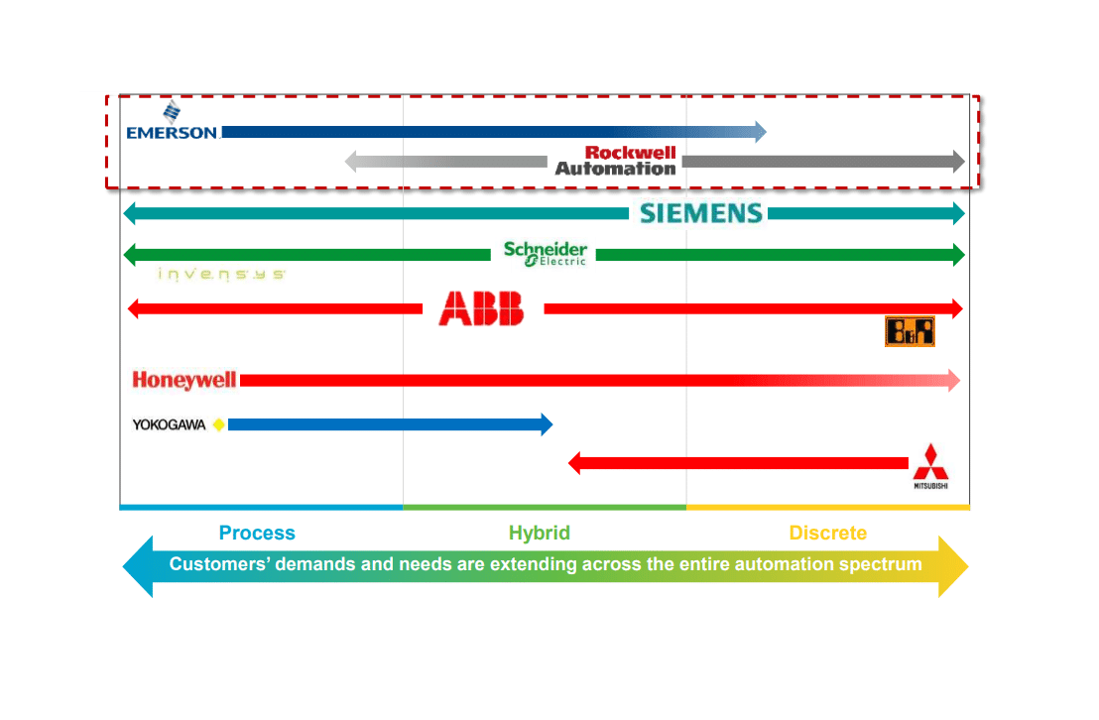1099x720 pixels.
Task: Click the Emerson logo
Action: coord(172,123)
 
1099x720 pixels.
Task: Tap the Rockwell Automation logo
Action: coord(616,161)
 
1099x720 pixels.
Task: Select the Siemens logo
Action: coord(701,213)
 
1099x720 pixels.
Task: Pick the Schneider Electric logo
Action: coord(545,253)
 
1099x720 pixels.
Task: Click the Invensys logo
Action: coord(221,274)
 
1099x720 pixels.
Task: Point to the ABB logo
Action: coord(481,308)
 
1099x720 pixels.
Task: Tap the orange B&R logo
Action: coord(910,331)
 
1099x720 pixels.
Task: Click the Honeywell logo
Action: coord(184,380)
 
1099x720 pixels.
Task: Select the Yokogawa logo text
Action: coord(170,424)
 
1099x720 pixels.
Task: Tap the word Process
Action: coord(257,534)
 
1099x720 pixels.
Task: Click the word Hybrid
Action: coord(540,534)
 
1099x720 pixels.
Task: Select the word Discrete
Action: coord(828,534)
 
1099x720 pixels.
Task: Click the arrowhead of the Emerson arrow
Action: coord(760,131)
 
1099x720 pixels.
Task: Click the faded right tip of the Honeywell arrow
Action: coord(954,380)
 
